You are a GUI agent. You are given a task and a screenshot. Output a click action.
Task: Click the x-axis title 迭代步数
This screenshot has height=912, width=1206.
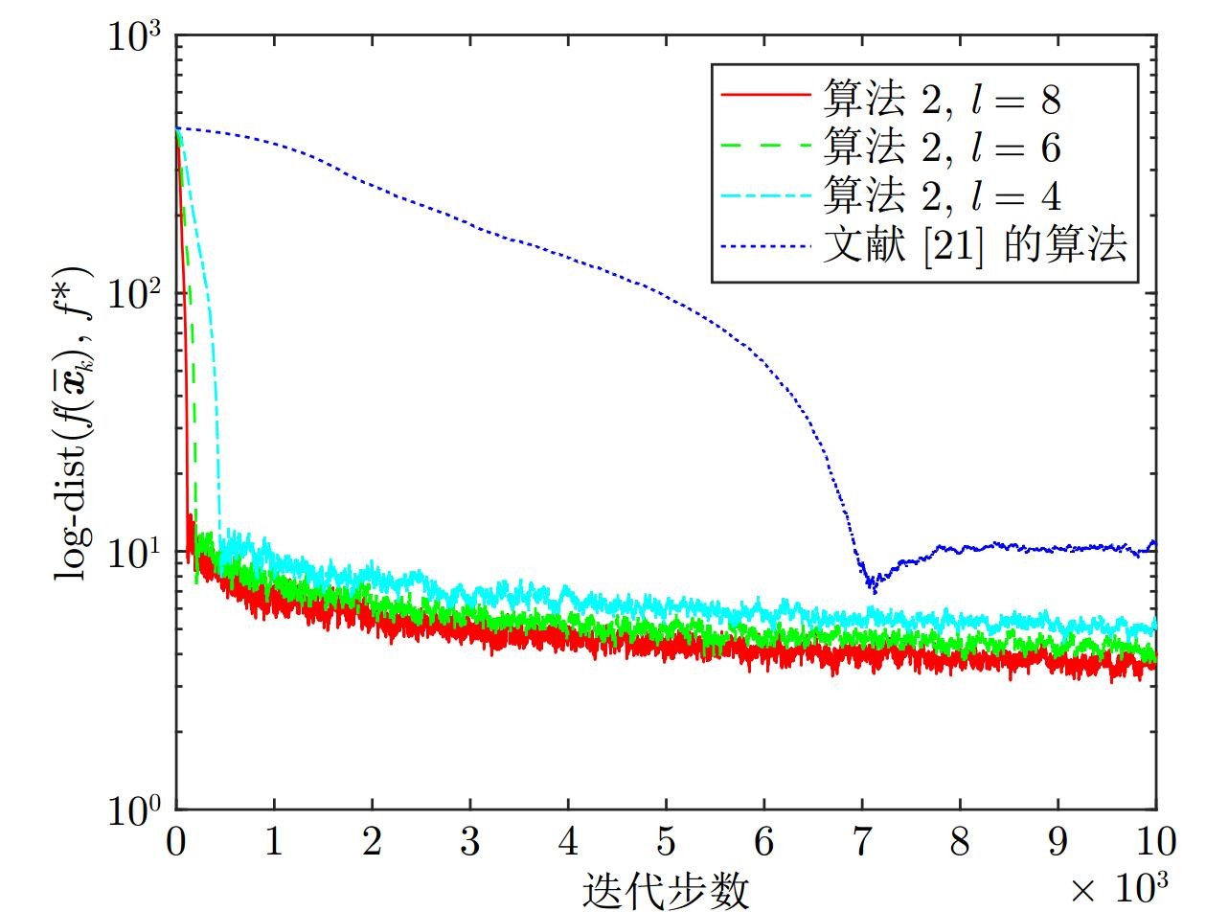point(666,891)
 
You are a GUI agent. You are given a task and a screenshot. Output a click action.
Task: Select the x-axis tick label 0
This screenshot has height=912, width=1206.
point(176,842)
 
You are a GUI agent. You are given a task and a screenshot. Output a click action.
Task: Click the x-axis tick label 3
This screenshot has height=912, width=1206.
point(470,842)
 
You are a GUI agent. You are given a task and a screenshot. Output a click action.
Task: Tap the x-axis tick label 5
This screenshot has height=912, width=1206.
point(666,842)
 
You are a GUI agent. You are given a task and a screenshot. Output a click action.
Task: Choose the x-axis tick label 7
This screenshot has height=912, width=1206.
point(862,842)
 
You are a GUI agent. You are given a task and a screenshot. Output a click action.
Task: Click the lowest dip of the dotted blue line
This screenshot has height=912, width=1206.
point(873,589)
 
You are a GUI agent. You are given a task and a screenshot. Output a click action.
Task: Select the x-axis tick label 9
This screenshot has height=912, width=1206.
point(1058,842)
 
